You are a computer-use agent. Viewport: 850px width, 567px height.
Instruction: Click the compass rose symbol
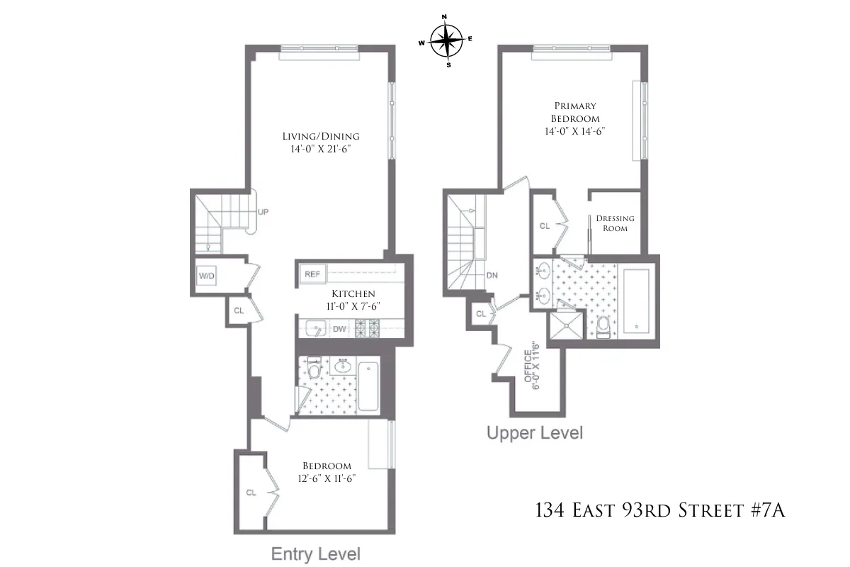tap(446, 40)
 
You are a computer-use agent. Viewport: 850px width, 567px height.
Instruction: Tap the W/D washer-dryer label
tap(207, 275)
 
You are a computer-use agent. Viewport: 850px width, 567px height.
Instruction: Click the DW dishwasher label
tap(339, 328)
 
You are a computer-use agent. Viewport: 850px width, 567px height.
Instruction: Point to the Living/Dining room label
tap(320, 137)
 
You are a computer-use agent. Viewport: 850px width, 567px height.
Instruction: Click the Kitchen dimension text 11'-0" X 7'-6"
tap(353, 306)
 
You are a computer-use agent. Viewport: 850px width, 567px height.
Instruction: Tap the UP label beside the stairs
tap(263, 211)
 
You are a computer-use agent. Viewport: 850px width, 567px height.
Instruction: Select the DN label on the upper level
tap(492, 276)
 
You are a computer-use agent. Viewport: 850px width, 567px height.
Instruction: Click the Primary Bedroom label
tap(575, 113)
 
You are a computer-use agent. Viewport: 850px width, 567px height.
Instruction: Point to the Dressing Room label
tap(615, 223)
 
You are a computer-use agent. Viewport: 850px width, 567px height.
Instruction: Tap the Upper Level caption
tap(534, 433)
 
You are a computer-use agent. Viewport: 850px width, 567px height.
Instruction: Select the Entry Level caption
tap(316, 554)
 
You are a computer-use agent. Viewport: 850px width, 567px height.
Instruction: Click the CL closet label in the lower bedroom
tap(251, 492)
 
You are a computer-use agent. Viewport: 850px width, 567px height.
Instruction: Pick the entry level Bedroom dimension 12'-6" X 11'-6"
tap(327, 478)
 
